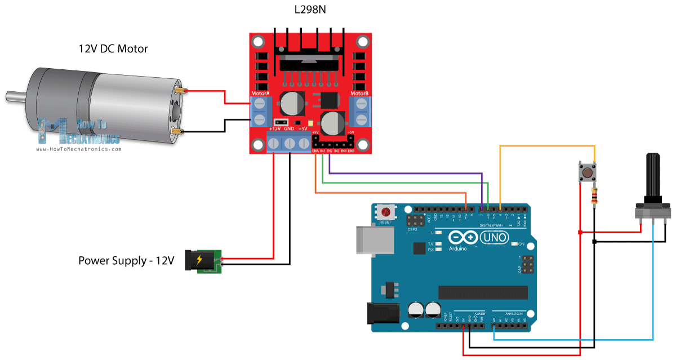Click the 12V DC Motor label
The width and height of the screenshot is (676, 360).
tap(113, 49)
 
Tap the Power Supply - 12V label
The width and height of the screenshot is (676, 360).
tap(126, 261)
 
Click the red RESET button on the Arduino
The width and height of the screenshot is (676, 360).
tap(386, 212)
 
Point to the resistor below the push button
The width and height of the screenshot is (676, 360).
tap(594, 197)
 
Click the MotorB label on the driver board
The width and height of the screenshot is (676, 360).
tap(359, 94)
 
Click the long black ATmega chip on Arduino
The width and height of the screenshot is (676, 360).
tap(483, 292)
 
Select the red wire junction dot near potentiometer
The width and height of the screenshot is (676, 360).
tap(580, 232)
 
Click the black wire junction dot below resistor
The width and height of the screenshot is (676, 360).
tap(594, 242)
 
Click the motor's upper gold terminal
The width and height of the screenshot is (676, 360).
tap(182, 91)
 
